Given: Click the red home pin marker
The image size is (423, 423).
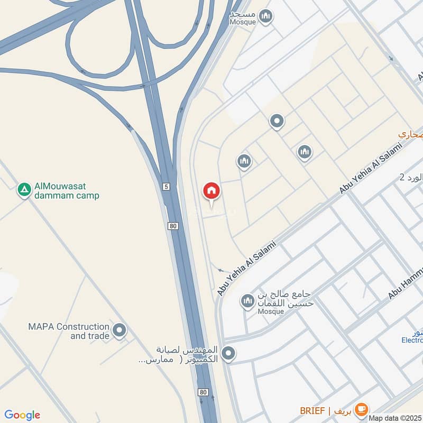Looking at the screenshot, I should pos(212,191).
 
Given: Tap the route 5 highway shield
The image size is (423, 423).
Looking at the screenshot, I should pos(166,187).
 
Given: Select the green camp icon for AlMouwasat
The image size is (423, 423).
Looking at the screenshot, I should pos(24,190).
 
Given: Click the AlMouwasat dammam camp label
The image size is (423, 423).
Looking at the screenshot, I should pos(67,191).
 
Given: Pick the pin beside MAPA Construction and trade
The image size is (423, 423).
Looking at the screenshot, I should pos(120,330).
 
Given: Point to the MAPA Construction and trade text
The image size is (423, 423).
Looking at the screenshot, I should pos(69,331).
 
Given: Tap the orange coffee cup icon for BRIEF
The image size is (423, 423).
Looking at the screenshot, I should pos(362,409).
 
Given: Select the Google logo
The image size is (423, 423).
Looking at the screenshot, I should pos(22,415).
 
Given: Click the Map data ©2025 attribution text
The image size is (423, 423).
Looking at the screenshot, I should pos(396,418).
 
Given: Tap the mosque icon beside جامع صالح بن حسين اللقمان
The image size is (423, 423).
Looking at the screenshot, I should pos(247,302).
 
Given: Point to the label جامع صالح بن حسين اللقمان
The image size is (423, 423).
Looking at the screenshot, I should pos(286,298).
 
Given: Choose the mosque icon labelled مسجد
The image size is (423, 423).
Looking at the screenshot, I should pos(266,16).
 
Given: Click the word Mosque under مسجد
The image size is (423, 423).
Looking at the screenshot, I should pos(243,22).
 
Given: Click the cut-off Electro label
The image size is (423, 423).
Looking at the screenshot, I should pos(412,341).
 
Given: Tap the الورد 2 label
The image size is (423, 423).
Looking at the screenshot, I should pos(411,178).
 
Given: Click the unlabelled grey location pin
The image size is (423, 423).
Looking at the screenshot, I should pos(277,122).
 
